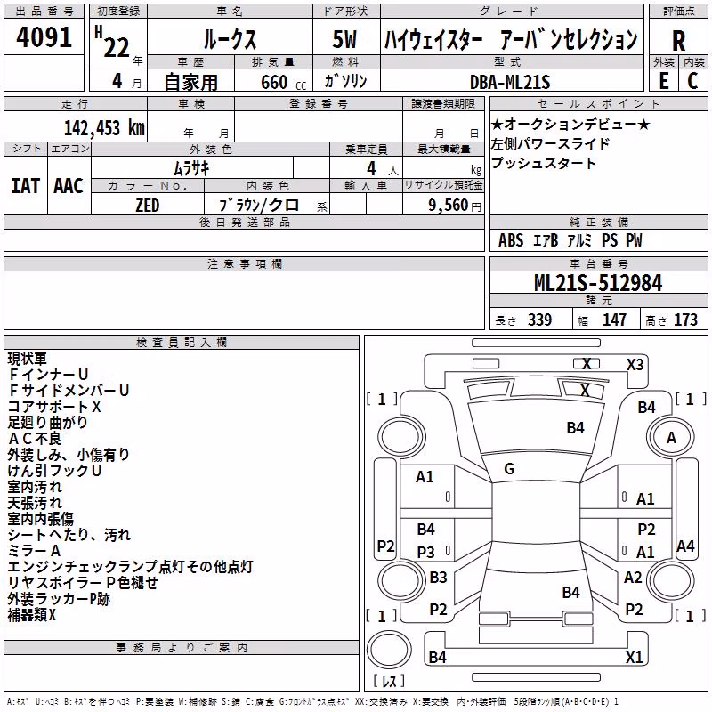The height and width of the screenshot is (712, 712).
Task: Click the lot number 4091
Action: click(x=44, y=37)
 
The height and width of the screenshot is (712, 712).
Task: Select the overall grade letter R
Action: click(x=678, y=41)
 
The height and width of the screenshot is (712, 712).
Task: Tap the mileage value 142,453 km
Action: click(x=104, y=128)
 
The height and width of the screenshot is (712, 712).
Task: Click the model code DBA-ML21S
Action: click(x=510, y=82)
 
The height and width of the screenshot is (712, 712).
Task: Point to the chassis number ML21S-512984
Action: click(x=598, y=283)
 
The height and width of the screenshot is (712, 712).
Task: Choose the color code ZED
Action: click(x=147, y=206)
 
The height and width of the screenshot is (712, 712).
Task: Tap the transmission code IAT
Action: click(x=26, y=186)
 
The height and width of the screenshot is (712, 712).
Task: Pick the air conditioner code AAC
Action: click(x=69, y=186)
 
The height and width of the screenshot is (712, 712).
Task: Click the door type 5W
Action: click(x=344, y=39)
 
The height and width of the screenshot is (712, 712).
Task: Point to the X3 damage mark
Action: click(x=635, y=365)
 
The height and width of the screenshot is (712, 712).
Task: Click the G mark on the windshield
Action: click(x=509, y=469)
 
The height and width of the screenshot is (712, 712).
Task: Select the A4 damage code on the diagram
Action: click(x=685, y=546)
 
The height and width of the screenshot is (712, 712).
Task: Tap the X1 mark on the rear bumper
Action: click(x=634, y=657)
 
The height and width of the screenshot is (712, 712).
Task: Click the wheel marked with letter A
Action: click(x=671, y=438)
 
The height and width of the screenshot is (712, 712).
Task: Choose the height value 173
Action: click(x=685, y=320)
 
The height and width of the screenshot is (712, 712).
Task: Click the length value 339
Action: click(x=540, y=320)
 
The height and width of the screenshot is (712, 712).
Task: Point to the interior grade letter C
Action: click(x=692, y=81)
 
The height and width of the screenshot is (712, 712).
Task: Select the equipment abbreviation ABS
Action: click(x=511, y=240)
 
